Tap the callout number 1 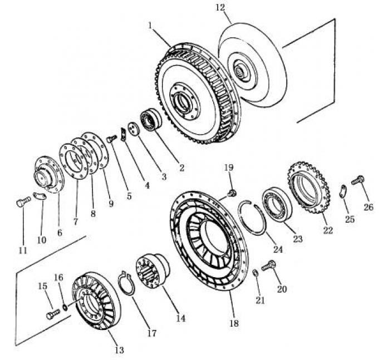tap(150, 25)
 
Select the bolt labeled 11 tap(21, 203)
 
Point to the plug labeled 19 tap(232, 193)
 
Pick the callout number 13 tap(119, 350)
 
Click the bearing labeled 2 tap(151, 120)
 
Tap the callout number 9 tap(111, 204)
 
